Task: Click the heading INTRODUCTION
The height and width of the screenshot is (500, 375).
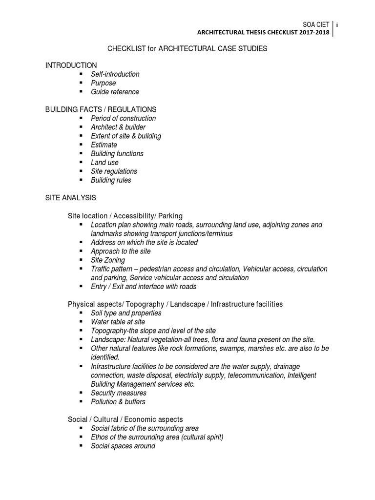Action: click(71, 65)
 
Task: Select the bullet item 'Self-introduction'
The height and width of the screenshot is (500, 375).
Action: click(115, 74)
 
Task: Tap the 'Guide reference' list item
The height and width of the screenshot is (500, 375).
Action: click(115, 92)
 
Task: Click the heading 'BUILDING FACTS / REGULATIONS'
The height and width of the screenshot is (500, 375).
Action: click(101, 109)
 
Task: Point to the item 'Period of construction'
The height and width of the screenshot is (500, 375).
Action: click(123, 118)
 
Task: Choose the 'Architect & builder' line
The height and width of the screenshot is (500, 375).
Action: click(118, 127)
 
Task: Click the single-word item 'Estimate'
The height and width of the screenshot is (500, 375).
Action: click(104, 145)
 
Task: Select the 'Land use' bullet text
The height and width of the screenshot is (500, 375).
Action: click(104, 162)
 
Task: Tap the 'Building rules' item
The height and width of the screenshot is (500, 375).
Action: click(111, 180)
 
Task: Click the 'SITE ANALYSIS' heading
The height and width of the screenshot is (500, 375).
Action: click(71, 198)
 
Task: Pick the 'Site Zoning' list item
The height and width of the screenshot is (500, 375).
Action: click(108, 260)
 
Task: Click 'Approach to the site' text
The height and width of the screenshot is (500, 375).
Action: click(121, 251)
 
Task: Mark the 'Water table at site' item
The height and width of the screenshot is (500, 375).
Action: click(118, 322)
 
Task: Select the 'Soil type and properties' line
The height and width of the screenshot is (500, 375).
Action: click(126, 313)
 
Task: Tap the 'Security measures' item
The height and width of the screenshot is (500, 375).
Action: click(118, 393)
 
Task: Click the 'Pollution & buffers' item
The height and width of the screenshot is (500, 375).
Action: click(118, 402)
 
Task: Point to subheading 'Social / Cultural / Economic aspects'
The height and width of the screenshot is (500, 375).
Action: click(125, 419)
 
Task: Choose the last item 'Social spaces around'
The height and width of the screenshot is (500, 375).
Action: click(123, 446)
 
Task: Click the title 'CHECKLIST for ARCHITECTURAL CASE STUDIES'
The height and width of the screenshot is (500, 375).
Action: click(187, 49)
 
